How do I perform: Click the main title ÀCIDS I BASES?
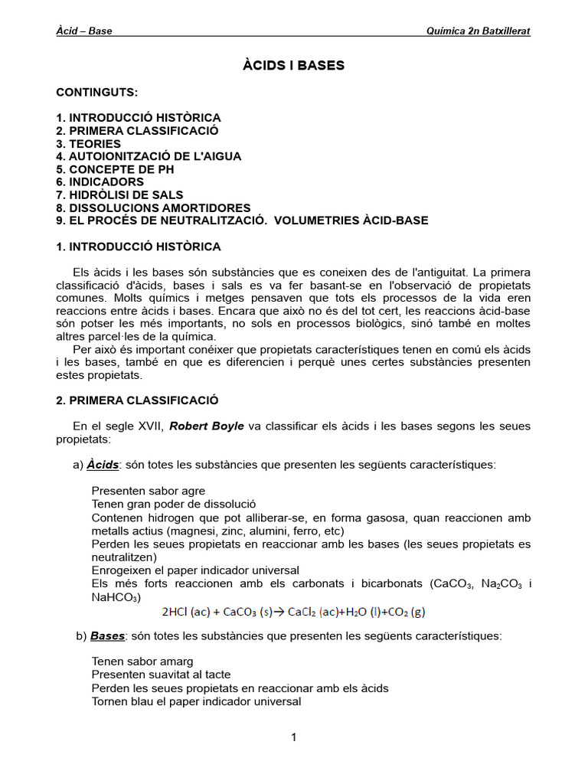coord(293,66)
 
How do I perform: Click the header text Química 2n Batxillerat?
coord(478,31)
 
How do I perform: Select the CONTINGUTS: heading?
coord(97,92)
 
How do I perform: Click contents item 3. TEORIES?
coord(88,143)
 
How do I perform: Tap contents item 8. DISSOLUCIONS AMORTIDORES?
coord(153,207)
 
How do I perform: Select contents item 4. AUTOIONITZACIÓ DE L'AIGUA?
coord(149,156)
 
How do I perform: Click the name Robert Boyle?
coord(207,426)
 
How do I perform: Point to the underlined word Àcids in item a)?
coord(103,465)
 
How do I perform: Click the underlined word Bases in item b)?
coord(107,636)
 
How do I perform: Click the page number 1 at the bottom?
coord(293,737)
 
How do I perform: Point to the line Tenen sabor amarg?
coord(142,661)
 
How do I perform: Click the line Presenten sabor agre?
coord(148,490)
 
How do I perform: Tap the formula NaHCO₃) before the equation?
coord(116,597)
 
